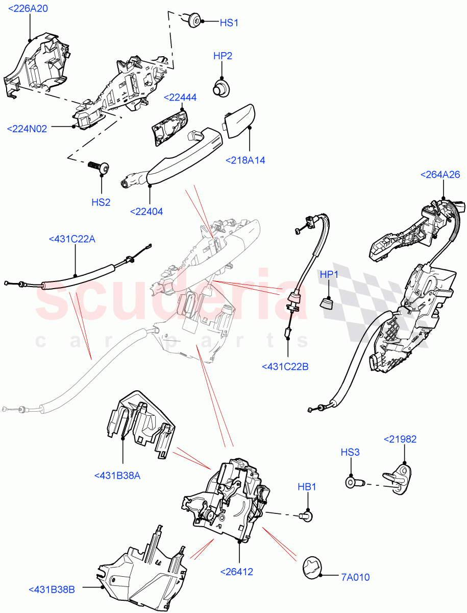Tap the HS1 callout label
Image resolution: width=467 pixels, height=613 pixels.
click(229, 23)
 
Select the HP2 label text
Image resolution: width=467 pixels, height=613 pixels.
click(223, 56)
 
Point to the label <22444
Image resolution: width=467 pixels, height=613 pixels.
click(180, 98)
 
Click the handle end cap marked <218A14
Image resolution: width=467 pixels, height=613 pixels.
click(239, 121)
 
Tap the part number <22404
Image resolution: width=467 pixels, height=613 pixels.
click(146, 211)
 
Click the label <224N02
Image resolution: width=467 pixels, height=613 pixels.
click(34, 129)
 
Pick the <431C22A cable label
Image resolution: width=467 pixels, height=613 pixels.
click(72, 239)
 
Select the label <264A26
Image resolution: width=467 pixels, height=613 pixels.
click(440, 175)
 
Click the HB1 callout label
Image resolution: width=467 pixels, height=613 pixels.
click(307, 487)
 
